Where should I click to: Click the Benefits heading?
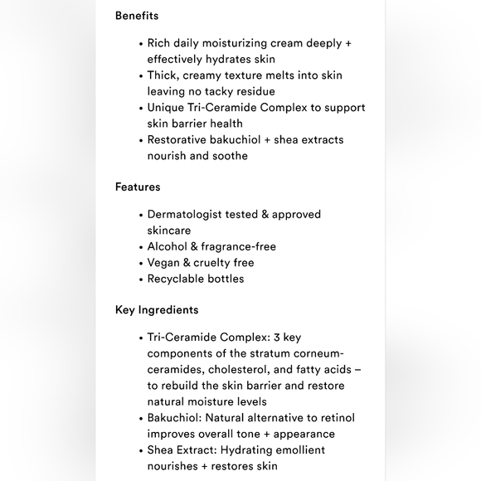(x=137, y=16)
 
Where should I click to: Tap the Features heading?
(x=138, y=187)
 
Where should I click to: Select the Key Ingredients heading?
(x=157, y=310)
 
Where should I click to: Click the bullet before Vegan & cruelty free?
(x=141, y=263)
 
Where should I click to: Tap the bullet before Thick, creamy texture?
(x=141, y=75)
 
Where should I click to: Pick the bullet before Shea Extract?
(x=141, y=450)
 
